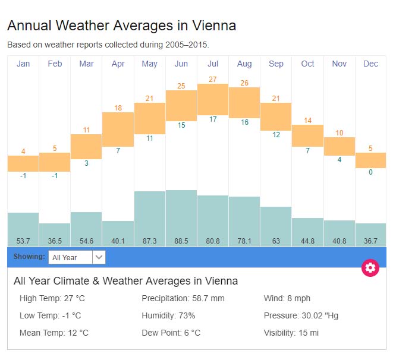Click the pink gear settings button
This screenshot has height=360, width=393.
370,267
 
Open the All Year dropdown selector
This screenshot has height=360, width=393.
77,257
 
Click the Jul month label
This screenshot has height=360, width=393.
213,64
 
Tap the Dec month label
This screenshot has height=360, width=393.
370,64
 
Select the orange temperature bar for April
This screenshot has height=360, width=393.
118,126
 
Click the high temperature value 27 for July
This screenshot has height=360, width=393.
213,79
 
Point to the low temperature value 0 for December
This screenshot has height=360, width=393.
370,172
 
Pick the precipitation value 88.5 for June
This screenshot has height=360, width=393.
181,241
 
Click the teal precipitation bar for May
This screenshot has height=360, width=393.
150,214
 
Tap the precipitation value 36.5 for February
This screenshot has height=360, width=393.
55,241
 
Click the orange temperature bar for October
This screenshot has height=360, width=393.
307,135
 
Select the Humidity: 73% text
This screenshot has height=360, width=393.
168,315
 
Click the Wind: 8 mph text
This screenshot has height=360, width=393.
287,298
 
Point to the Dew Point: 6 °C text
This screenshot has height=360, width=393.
171,333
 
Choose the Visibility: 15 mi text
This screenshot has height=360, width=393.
291,333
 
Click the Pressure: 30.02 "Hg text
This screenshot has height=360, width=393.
301,315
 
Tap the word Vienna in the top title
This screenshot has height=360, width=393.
215,26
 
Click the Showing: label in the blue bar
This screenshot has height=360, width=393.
29,257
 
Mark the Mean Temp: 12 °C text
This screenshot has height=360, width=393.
54,333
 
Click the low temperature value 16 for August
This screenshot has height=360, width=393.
244,122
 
